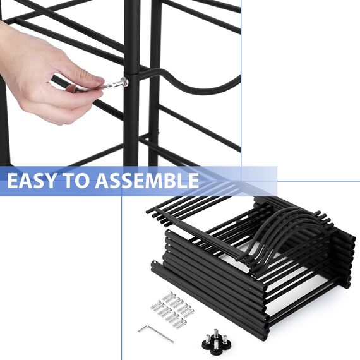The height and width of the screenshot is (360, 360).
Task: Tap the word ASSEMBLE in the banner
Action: pos(147,181)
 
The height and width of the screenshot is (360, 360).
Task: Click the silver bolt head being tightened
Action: pos(124,81)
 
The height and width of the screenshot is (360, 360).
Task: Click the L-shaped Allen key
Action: pos(156,333)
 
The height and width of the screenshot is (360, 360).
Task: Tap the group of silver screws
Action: pos(172,309)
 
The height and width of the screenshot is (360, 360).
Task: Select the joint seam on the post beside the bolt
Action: pos(131,74)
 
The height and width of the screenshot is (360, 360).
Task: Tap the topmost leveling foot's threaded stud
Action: pos(216,332)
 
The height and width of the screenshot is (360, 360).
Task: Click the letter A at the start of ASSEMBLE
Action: pos(102,181)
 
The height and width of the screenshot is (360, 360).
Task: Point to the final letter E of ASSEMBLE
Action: pos(193,181)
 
